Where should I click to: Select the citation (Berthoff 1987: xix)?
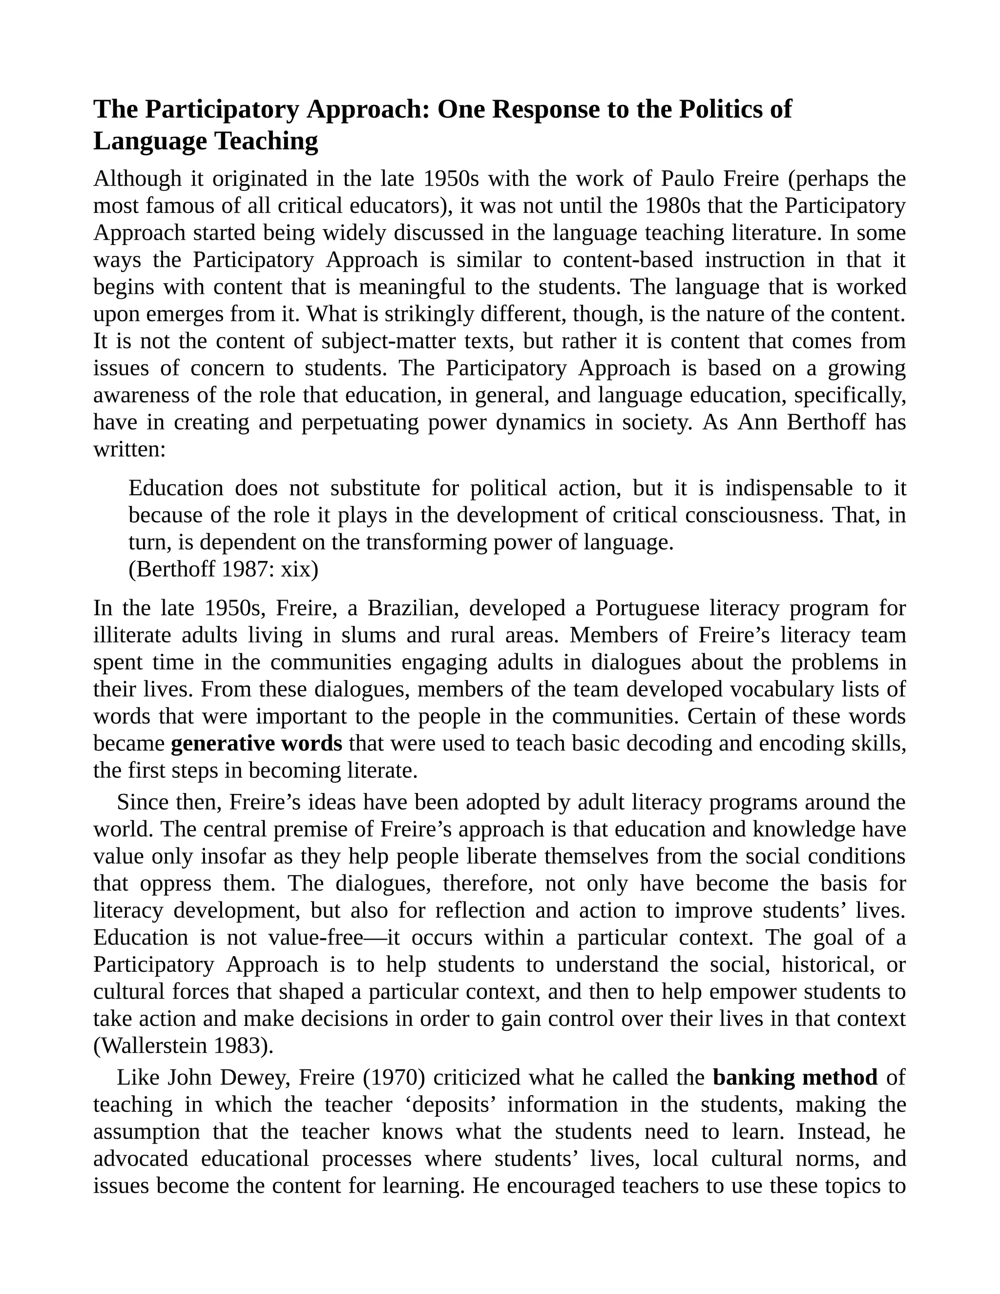(223, 570)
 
